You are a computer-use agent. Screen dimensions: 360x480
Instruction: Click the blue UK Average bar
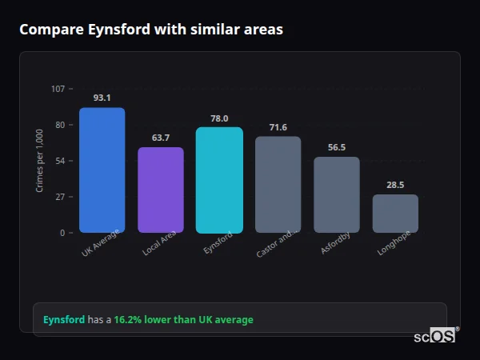click(x=102, y=170)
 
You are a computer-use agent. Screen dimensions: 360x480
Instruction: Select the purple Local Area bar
click(x=161, y=190)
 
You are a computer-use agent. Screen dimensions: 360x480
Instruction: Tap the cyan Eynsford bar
click(x=219, y=180)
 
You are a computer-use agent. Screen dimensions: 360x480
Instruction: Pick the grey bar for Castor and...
click(x=278, y=185)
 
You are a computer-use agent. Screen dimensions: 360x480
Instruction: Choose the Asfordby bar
click(x=337, y=195)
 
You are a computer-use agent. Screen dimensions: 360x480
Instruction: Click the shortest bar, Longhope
click(x=395, y=214)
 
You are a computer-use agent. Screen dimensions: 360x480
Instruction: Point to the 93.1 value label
click(x=102, y=98)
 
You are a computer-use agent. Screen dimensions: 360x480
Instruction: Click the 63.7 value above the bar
click(x=161, y=138)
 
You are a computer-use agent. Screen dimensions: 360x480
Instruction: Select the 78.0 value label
click(x=219, y=118)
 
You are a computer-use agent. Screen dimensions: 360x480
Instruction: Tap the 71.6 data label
click(x=278, y=127)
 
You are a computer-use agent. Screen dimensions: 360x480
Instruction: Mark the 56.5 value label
click(x=337, y=147)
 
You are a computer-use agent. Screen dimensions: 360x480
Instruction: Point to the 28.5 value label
click(x=395, y=185)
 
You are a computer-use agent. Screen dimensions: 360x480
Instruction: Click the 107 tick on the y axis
click(x=58, y=89)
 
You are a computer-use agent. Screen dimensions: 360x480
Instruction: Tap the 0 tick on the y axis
click(x=62, y=233)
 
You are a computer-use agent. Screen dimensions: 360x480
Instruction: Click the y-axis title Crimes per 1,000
click(x=40, y=160)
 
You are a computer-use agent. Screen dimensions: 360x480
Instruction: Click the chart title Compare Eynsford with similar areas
click(x=150, y=30)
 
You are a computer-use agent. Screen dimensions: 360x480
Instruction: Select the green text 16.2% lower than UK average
click(x=183, y=320)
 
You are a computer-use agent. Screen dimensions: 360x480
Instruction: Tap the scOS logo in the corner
click(x=435, y=336)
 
